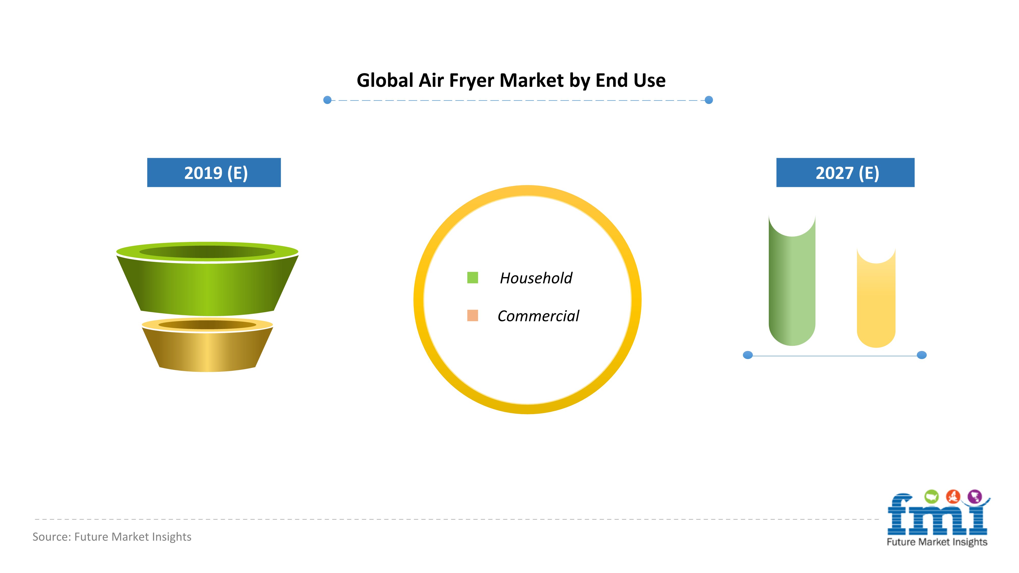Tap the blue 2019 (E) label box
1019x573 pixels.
[214, 172]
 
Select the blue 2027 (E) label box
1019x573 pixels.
[845, 172]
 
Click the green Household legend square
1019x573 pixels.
[473, 278]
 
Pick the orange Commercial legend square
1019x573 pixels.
[473, 316]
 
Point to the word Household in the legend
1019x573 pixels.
[536, 278]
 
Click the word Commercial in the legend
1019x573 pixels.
[538, 316]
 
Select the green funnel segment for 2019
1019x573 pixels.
[207, 279]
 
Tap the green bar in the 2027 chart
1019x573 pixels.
[792, 285]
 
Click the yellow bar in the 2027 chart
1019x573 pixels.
[876, 301]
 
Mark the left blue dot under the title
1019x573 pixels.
[327, 100]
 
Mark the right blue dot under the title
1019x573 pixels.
[709, 100]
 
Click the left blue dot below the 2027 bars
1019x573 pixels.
[748, 355]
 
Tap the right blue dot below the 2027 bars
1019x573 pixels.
[922, 355]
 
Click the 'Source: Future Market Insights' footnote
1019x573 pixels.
[112, 537]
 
